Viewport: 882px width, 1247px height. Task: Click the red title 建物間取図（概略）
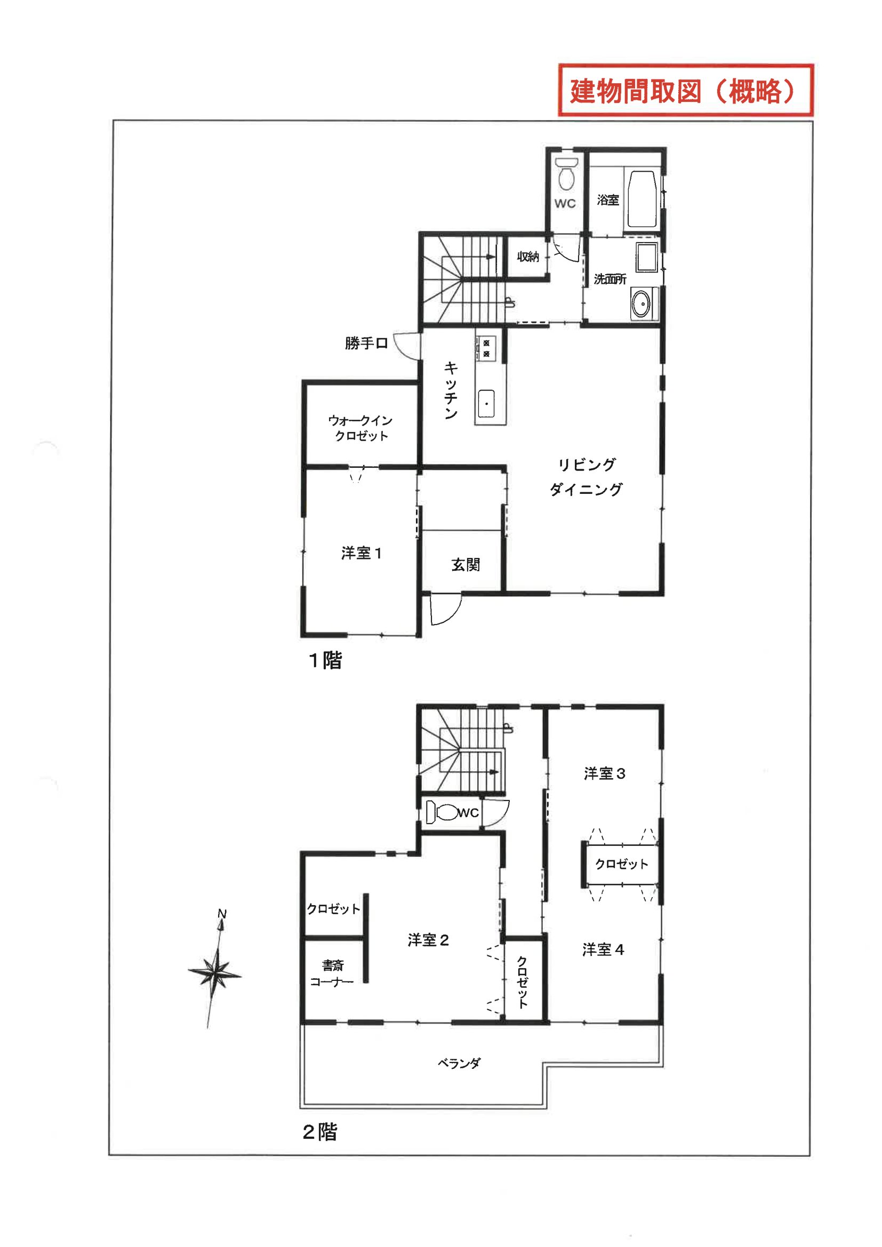(x=685, y=91)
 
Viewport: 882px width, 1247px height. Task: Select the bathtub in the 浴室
(x=643, y=200)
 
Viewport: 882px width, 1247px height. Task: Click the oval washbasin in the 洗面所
(x=642, y=303)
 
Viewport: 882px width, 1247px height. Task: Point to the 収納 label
(x=527, y=257)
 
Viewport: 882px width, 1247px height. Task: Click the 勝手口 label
(x=366, y=343)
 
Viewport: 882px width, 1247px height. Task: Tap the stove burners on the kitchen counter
(x=486, y=348)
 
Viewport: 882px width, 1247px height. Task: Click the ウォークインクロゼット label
(x=360, y=428)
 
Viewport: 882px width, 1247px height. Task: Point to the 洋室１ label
(x=362, y=554)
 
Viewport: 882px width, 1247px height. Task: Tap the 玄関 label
(x=466, y=565)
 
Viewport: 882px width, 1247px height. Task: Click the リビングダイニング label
(x=586, y=477)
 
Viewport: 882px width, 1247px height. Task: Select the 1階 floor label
(x=325, y=660)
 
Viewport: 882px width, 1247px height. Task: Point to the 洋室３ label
(x=605, y=773)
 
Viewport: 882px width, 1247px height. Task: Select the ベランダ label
(x=460, y=1064)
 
